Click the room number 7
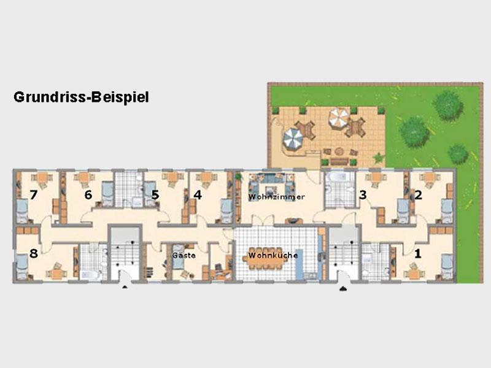34,195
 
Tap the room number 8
34,253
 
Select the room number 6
88,195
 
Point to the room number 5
155,195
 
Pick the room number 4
198,195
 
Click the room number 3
363,195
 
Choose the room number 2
418,195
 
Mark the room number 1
418,253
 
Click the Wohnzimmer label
277,197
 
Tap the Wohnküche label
273,255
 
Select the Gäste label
184,255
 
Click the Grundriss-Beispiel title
81,98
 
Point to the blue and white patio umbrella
293,137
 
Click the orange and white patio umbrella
339,118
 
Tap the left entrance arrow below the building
125,286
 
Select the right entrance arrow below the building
343,288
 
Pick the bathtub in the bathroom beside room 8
90,275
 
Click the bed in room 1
447,266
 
